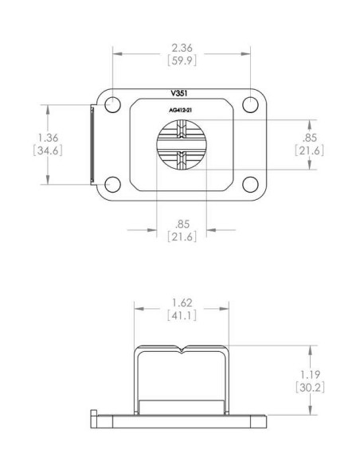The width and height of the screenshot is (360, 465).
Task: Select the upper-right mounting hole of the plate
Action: [x=250, y=105]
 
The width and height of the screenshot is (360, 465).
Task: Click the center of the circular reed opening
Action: [x=181, y=145]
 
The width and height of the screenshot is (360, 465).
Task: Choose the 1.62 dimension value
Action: [x=181, y=303]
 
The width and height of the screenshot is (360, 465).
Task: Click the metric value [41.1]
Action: [x=181, y=316]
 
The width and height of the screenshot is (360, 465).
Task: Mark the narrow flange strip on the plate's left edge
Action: [x=91, y=145]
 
